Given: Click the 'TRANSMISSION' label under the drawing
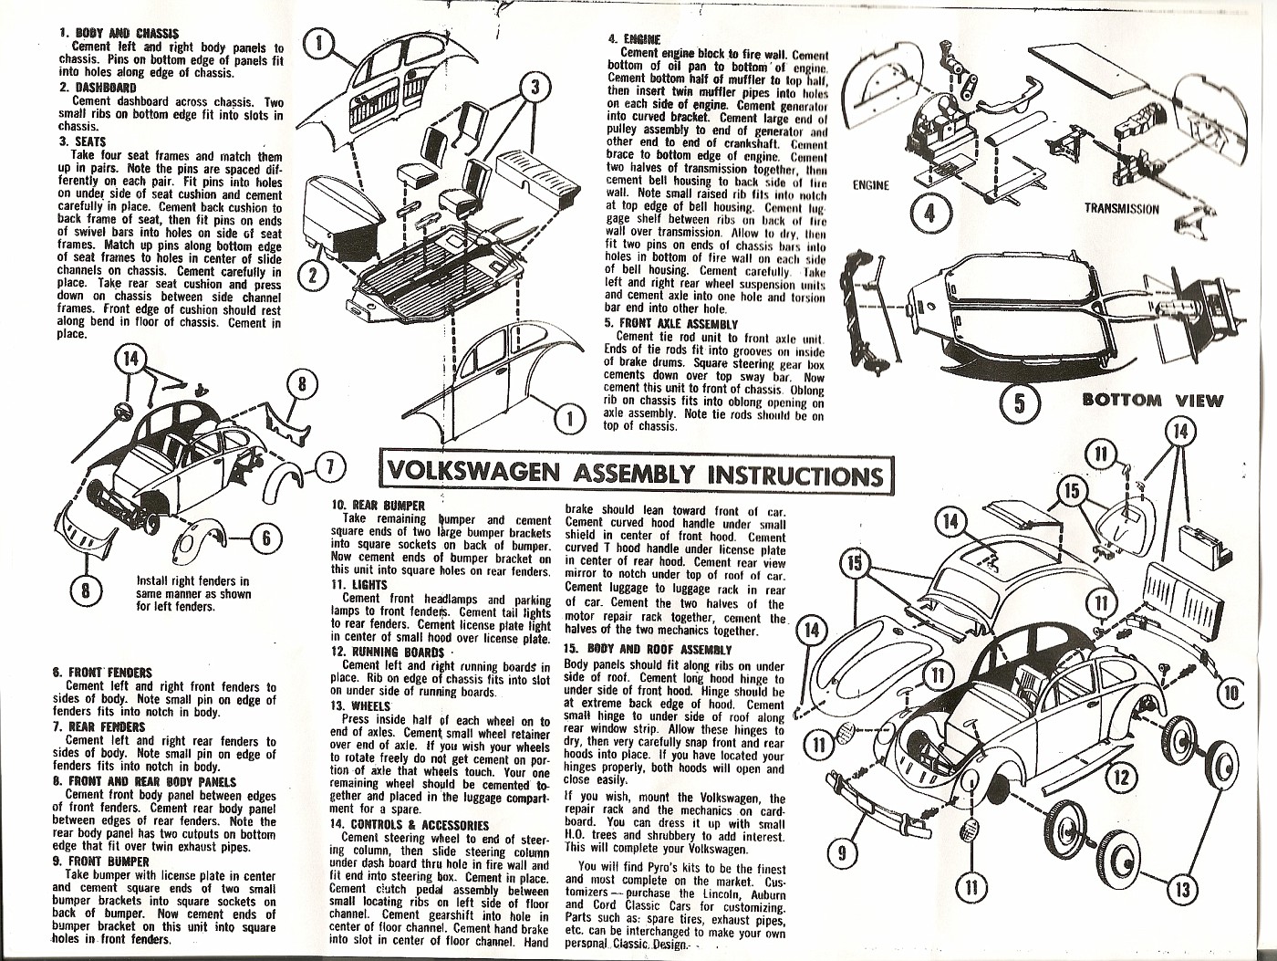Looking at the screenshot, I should (1121, 208).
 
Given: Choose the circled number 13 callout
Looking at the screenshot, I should (1181, 888).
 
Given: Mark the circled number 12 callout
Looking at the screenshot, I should (1123, 778).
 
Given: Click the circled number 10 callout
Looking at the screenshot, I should (1230, 694).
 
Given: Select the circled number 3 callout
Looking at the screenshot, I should (536, 89).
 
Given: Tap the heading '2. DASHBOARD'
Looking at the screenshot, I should (98, 88).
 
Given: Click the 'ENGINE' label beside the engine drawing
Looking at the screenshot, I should (870, 185).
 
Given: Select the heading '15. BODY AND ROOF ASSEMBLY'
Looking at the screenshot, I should (648, 650).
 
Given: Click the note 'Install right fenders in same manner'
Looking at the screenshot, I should (192, 593).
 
